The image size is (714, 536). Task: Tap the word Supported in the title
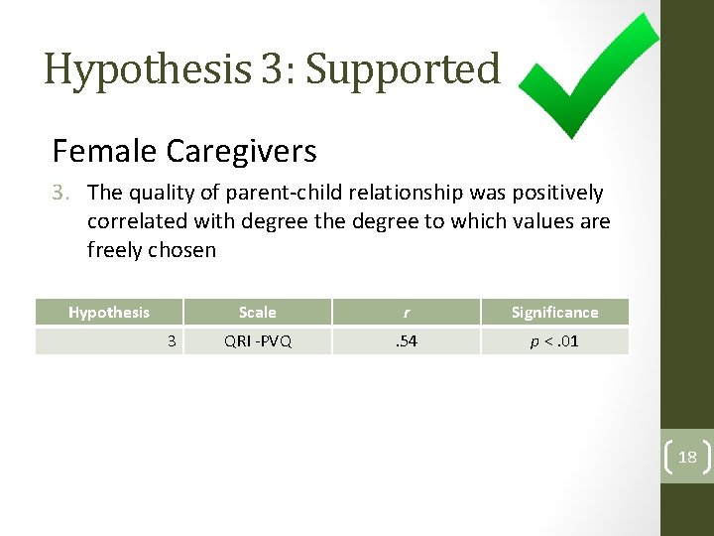pyautogui.click(x=403, y=69)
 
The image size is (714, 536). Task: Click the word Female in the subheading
pyautogui.click(x=104, y=151)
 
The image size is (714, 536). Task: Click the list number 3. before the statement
pyautogui.click(x=64, y=193)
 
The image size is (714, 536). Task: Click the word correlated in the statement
pyautogui.click(x=133, y=221)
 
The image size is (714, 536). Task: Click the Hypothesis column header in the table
pyautogui.click(x=109, y=312)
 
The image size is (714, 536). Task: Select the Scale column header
pyautogui.click(x=258, y=312)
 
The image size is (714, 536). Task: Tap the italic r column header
pyautogui.click(x=406, y=312)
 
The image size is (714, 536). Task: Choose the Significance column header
pyautogui.click(x=554, y=312)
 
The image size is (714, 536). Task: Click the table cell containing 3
pyautogui.click(x=171, y=340)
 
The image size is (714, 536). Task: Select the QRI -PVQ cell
pyautogui.click(x=258, y=340)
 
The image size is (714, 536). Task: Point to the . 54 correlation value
pyautogui.click(x=406, y=340)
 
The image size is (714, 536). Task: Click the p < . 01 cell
pyautogui.click(x=554, y=340)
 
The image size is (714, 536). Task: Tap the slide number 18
pyautogui.click(x=687, y=457)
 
